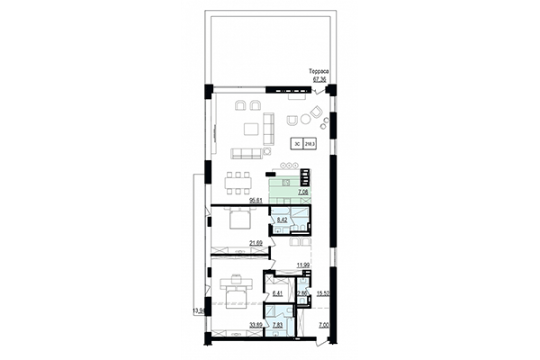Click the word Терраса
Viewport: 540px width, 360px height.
click(x=320, y=70)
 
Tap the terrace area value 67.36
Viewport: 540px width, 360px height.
click(x=319, y=78)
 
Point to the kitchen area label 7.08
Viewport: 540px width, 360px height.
click(x=301, y=191)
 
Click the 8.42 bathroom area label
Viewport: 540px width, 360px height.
click(x=282, y=219)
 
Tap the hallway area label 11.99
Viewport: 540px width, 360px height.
click(x=303, y=265)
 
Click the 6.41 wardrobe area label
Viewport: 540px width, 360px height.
click(x=277, y=292)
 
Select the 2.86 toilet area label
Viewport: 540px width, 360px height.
click(x=304, y=293)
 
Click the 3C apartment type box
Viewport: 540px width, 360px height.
click(x=296, y=143)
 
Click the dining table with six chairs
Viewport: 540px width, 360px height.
click(x=240, y=180)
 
